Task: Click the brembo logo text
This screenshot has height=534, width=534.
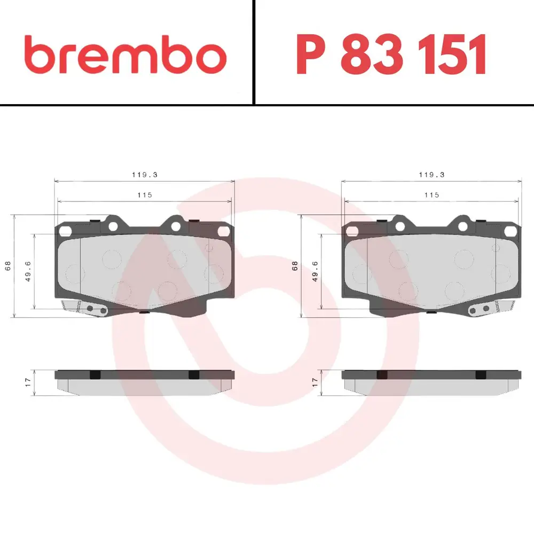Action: tap(125, 54)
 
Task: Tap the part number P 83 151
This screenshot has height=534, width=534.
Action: tap(391, 54)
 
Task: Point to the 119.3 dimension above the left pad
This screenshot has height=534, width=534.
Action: tap(145, 175)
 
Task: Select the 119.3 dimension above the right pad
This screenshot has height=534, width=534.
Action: tap(431, 175)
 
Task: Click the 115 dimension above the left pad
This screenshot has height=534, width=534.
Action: tap(145, 195)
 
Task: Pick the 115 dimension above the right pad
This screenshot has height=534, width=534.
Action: tap(431, 195)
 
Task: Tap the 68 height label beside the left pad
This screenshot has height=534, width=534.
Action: tap(8, 265)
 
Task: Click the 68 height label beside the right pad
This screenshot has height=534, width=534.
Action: tap(295, 265)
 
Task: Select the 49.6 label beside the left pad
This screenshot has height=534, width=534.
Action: tap(28, 271)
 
